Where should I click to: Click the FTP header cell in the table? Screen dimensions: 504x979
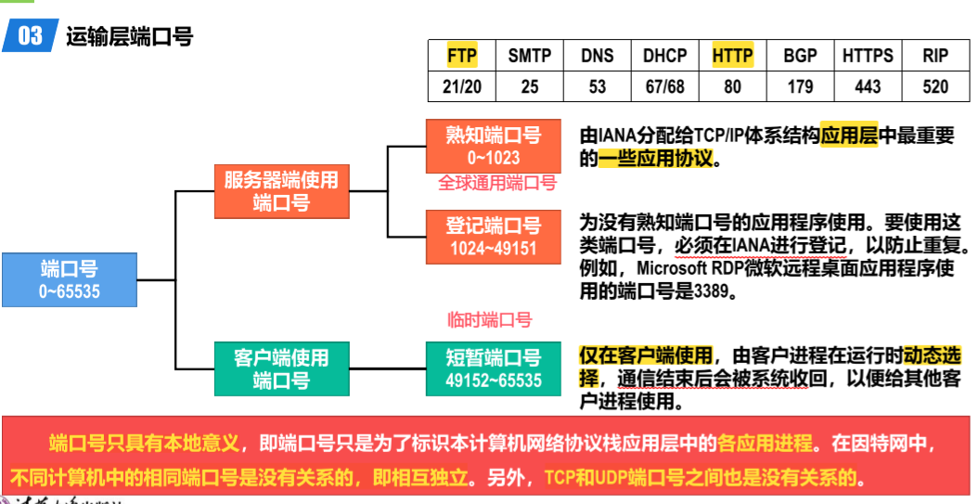462,56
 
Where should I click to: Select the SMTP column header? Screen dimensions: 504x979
530,56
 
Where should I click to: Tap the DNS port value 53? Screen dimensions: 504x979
598,86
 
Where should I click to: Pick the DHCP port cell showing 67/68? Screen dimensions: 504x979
664,86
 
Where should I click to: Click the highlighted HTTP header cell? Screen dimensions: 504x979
733,56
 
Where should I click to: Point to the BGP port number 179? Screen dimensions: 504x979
800,86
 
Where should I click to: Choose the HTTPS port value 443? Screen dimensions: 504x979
868,86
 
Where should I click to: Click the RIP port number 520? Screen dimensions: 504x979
935,86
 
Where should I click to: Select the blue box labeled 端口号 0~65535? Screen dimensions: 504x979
70,279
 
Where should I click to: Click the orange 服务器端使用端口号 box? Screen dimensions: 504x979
281,190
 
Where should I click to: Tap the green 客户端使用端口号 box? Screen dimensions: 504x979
281,368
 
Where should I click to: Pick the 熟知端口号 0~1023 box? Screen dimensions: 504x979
494,146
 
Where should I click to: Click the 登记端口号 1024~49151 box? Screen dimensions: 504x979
494,236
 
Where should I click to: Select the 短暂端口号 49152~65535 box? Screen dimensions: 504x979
494,368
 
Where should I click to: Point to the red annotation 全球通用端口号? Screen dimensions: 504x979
497,184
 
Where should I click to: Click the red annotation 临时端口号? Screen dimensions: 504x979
489,320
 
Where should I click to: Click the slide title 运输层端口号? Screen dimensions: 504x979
129,37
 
